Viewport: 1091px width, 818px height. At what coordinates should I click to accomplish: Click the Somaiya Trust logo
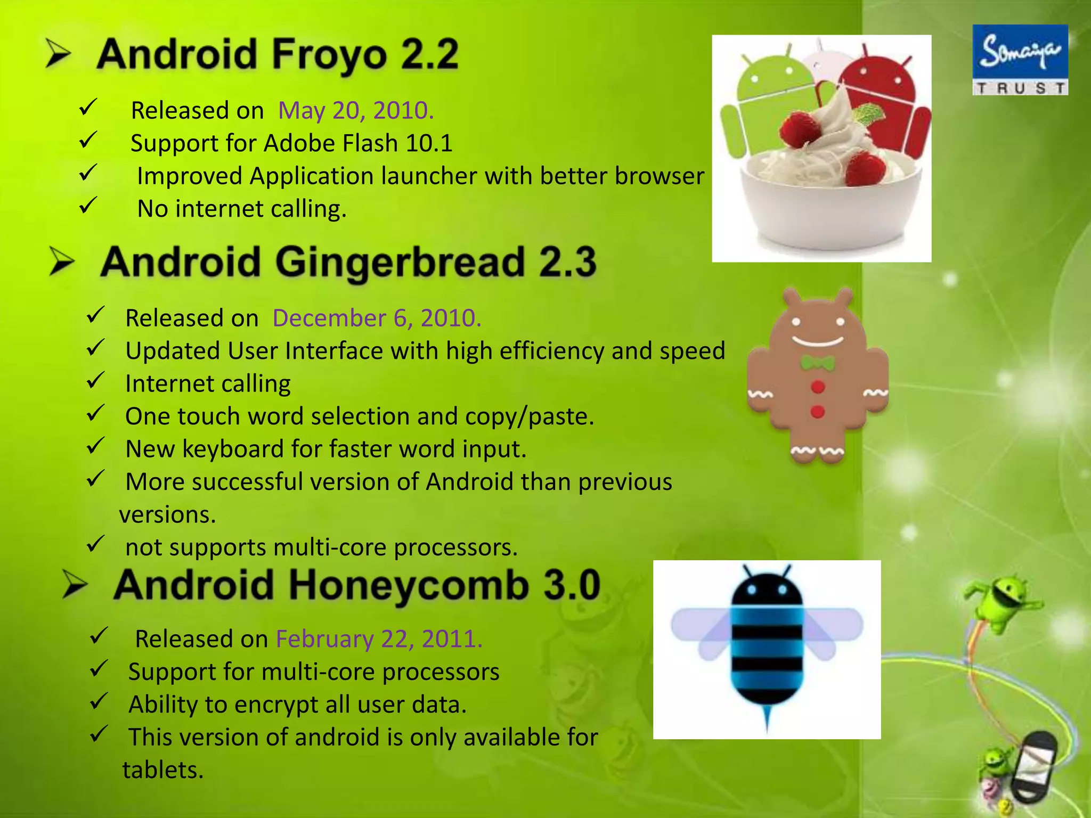pyautogui.click(x=1020, y=60)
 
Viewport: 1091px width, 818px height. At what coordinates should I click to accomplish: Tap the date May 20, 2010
pyautogui.click(x=356, y=111)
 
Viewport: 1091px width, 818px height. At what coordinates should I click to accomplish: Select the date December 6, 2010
pyautogui.click(x=377, y=318)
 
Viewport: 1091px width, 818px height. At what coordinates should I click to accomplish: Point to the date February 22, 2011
pyautogui.click(x=379, y=639)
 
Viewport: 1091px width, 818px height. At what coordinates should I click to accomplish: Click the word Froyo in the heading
pyautogui.click(x=330, y=55)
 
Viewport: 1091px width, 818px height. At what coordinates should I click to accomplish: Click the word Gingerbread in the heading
pyautogui.click(x=400, y=262)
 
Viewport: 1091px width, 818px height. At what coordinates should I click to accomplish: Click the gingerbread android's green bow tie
pyautogui.click(x=818, y=364)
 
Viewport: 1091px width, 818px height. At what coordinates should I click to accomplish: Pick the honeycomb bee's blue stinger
pyautogui.click(x=767, y=720)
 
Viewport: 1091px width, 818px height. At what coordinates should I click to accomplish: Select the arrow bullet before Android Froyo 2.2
pyautogui.click(x=58, y=54)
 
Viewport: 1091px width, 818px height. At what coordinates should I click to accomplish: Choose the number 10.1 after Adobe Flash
pyautogui.click(x=429, y=143)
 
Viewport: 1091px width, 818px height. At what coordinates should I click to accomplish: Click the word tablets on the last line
pyautogui.click(x=163, y=770)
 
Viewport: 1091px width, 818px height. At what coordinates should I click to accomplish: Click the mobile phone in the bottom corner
pyautogui.click(x=1033, y=767)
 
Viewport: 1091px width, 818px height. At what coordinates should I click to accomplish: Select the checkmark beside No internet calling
pyautogui.click(x=88, y=206)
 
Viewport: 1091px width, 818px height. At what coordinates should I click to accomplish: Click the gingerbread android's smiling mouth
pyautogui.click(x=818, y=341)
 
